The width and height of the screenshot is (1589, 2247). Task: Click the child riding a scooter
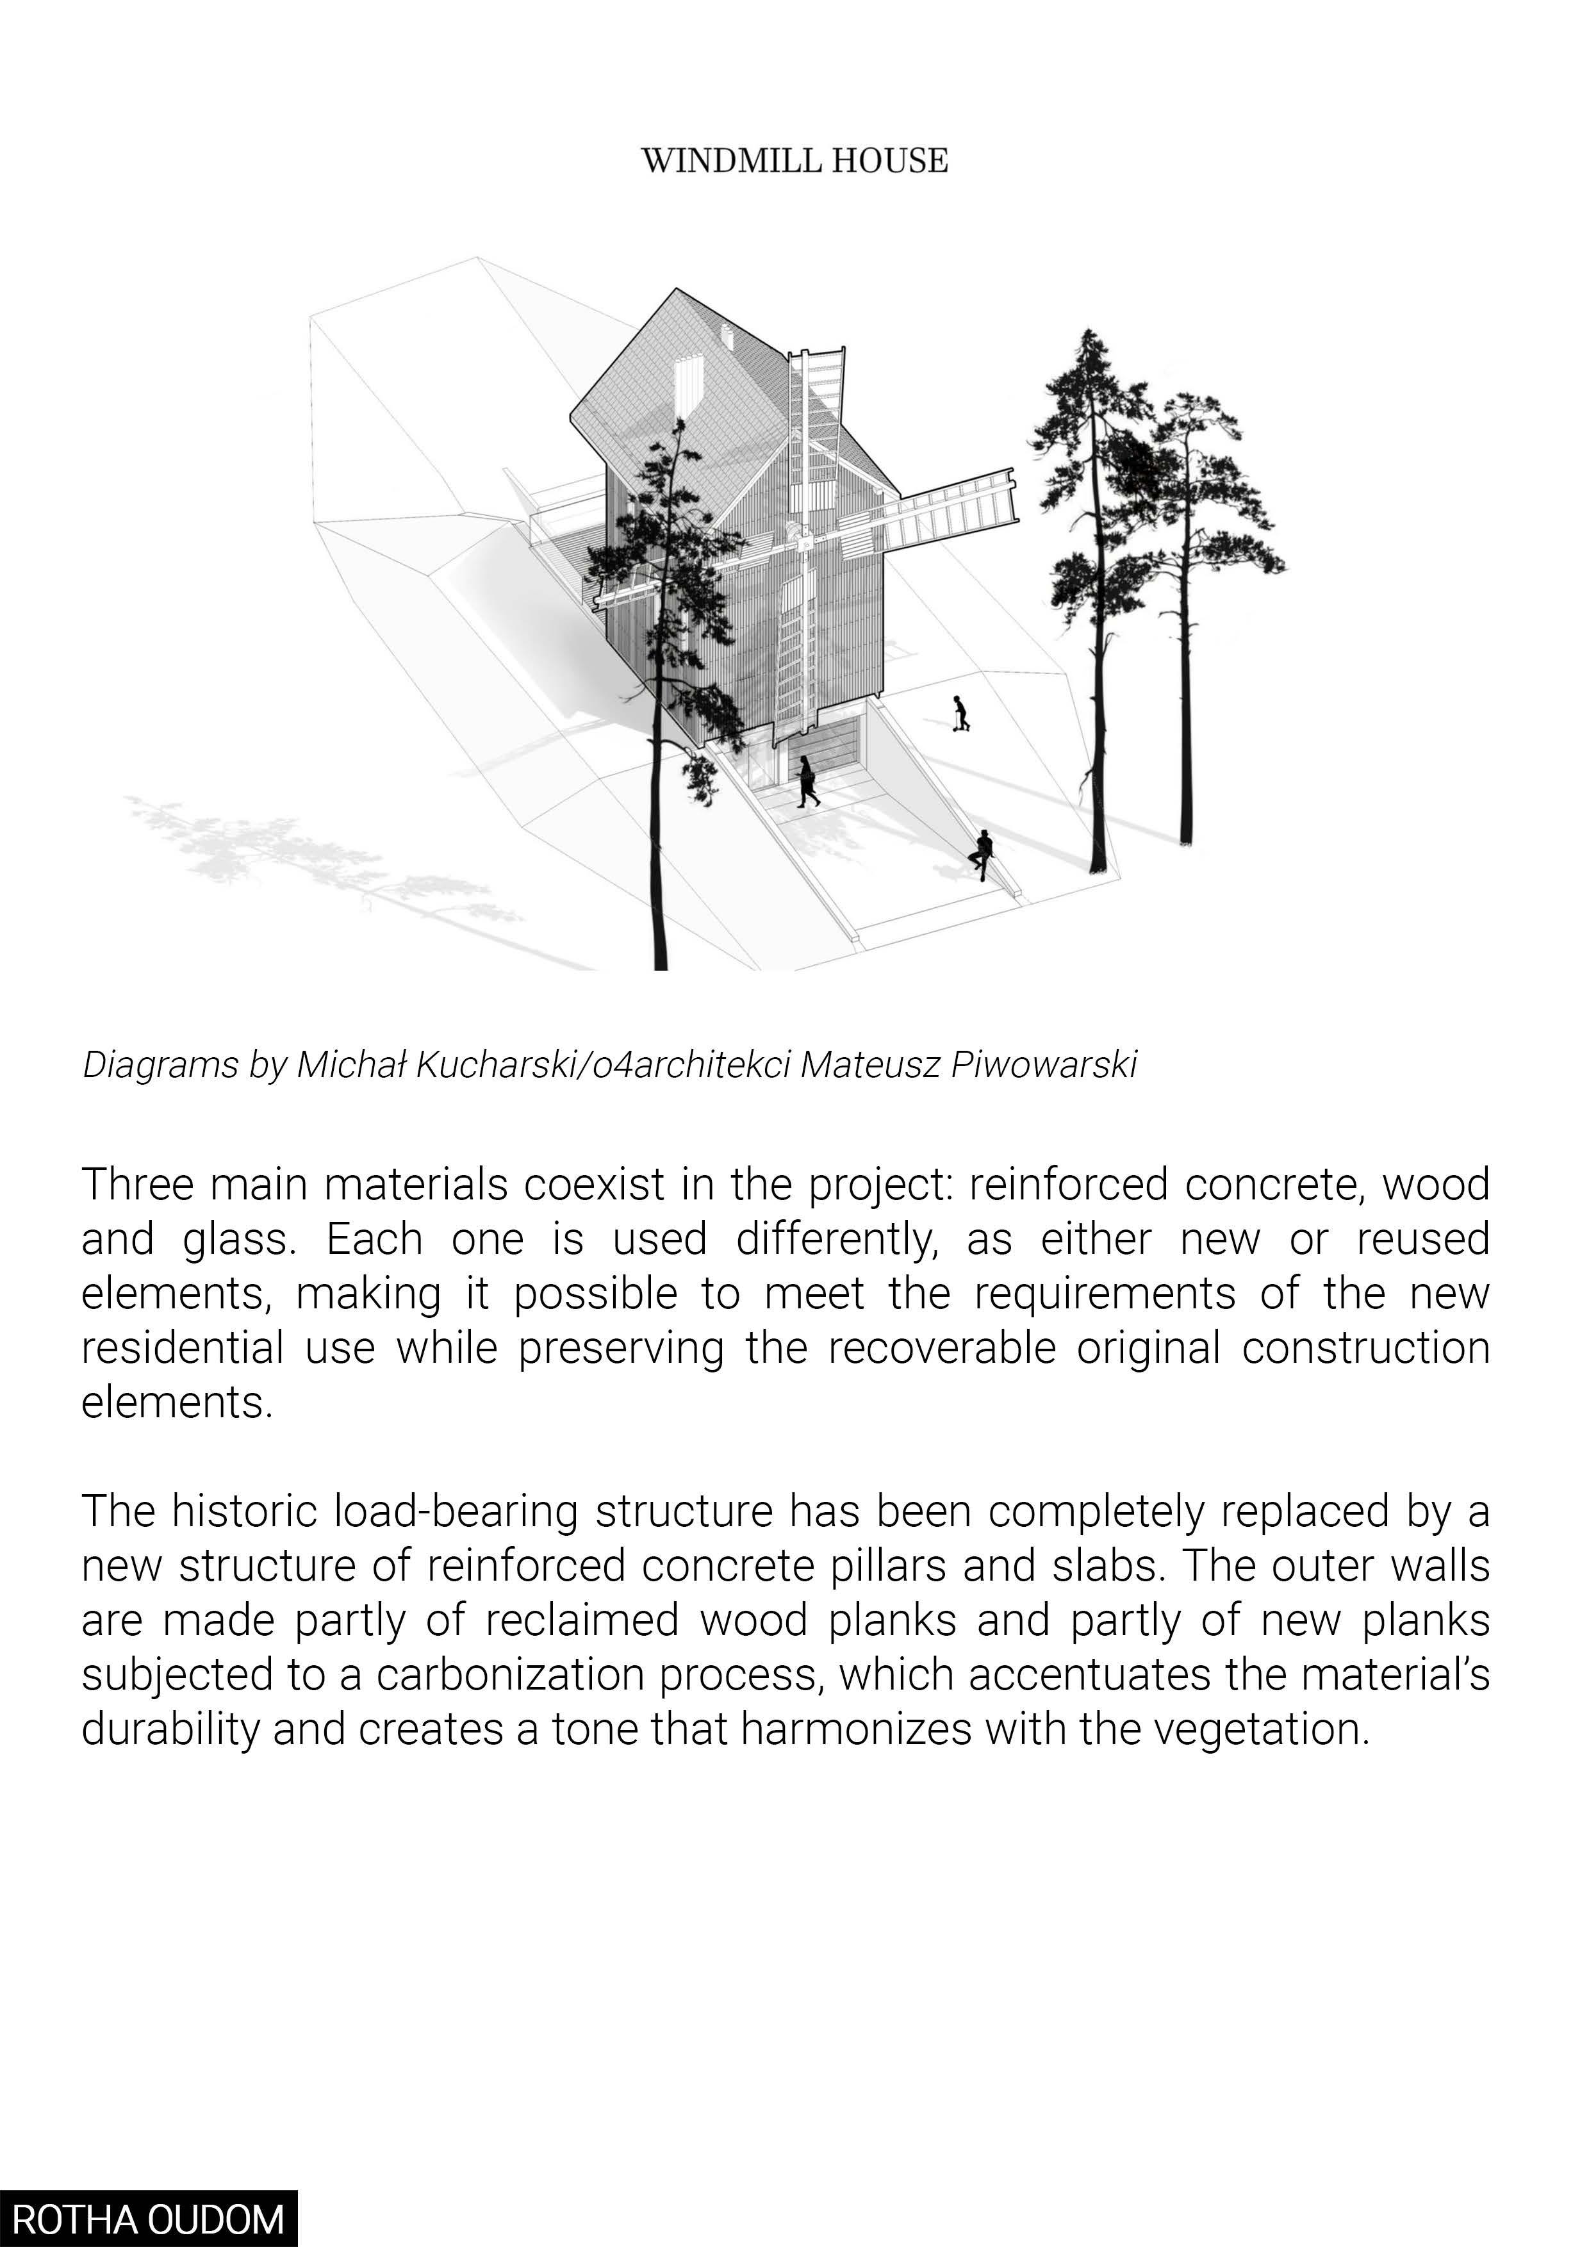tap(962, 714)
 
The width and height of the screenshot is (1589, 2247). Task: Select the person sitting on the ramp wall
tap(982, 854)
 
